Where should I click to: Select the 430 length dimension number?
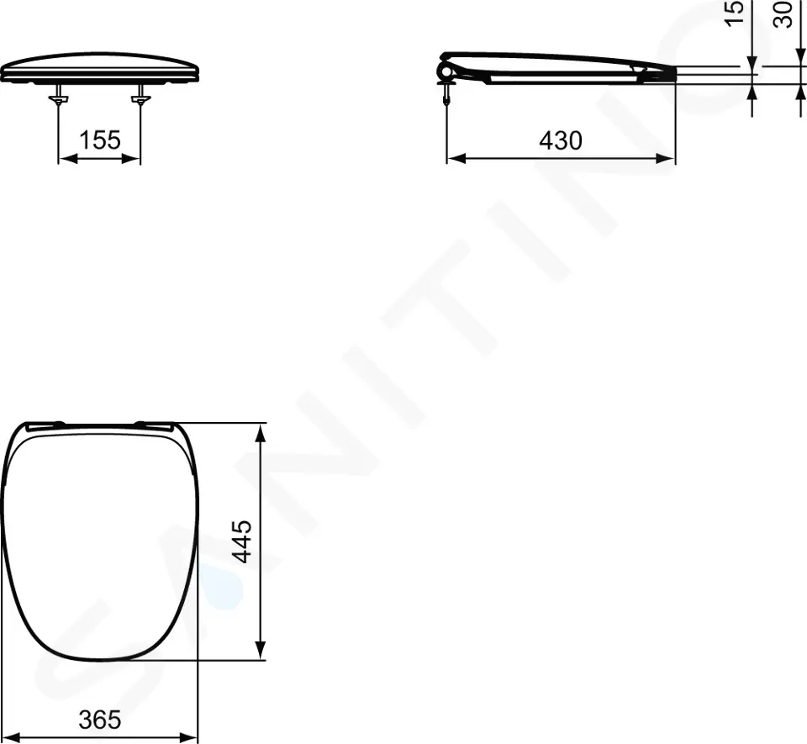(x=561, y=140)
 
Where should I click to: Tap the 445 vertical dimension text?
(x=241, y=541)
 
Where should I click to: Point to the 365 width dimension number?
(x=101, y=720)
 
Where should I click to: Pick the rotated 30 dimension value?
(x=783, y=14)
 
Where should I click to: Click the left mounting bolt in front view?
(x=58, y=99)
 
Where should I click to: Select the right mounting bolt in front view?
(x=140, y=99)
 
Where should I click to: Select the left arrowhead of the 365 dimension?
(x=14, y=737)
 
